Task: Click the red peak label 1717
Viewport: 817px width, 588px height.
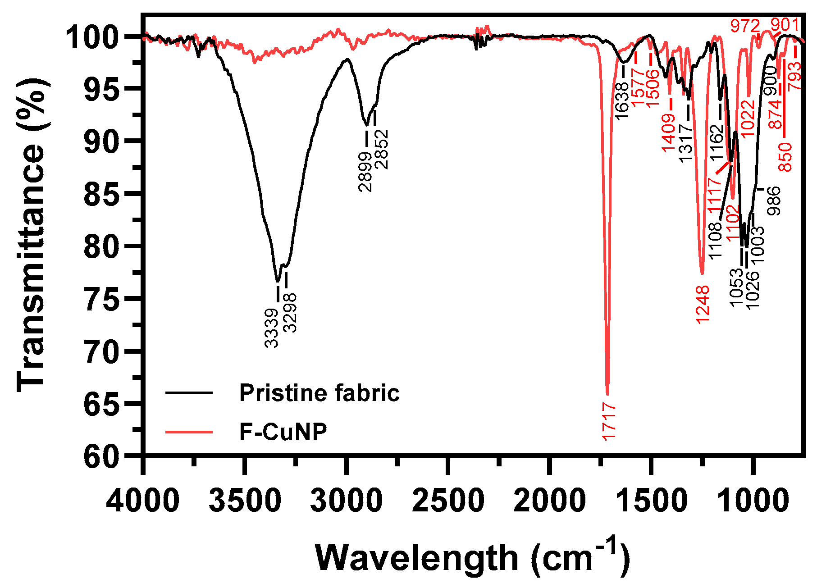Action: [x=608, y=422]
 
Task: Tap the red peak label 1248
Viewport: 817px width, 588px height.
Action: [x=703, y=304]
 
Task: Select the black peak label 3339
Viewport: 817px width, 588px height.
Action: [x=271, y=328]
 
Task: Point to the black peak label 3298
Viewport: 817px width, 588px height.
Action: [x=291, y=313]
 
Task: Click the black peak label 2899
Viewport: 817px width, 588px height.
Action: [x=366, y=172]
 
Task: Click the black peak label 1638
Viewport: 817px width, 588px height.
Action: [x=622, y=101]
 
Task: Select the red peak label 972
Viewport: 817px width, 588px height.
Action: [x=745, y=26]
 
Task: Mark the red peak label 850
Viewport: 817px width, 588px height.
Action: [x=785, y=157]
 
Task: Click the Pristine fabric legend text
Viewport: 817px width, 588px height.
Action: [x=319, y=393]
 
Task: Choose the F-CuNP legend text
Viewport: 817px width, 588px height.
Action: [x=283, y=432]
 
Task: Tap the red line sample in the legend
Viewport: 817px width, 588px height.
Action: [x=189, y=432]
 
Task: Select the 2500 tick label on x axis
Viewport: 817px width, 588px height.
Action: [x=448, y=501]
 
